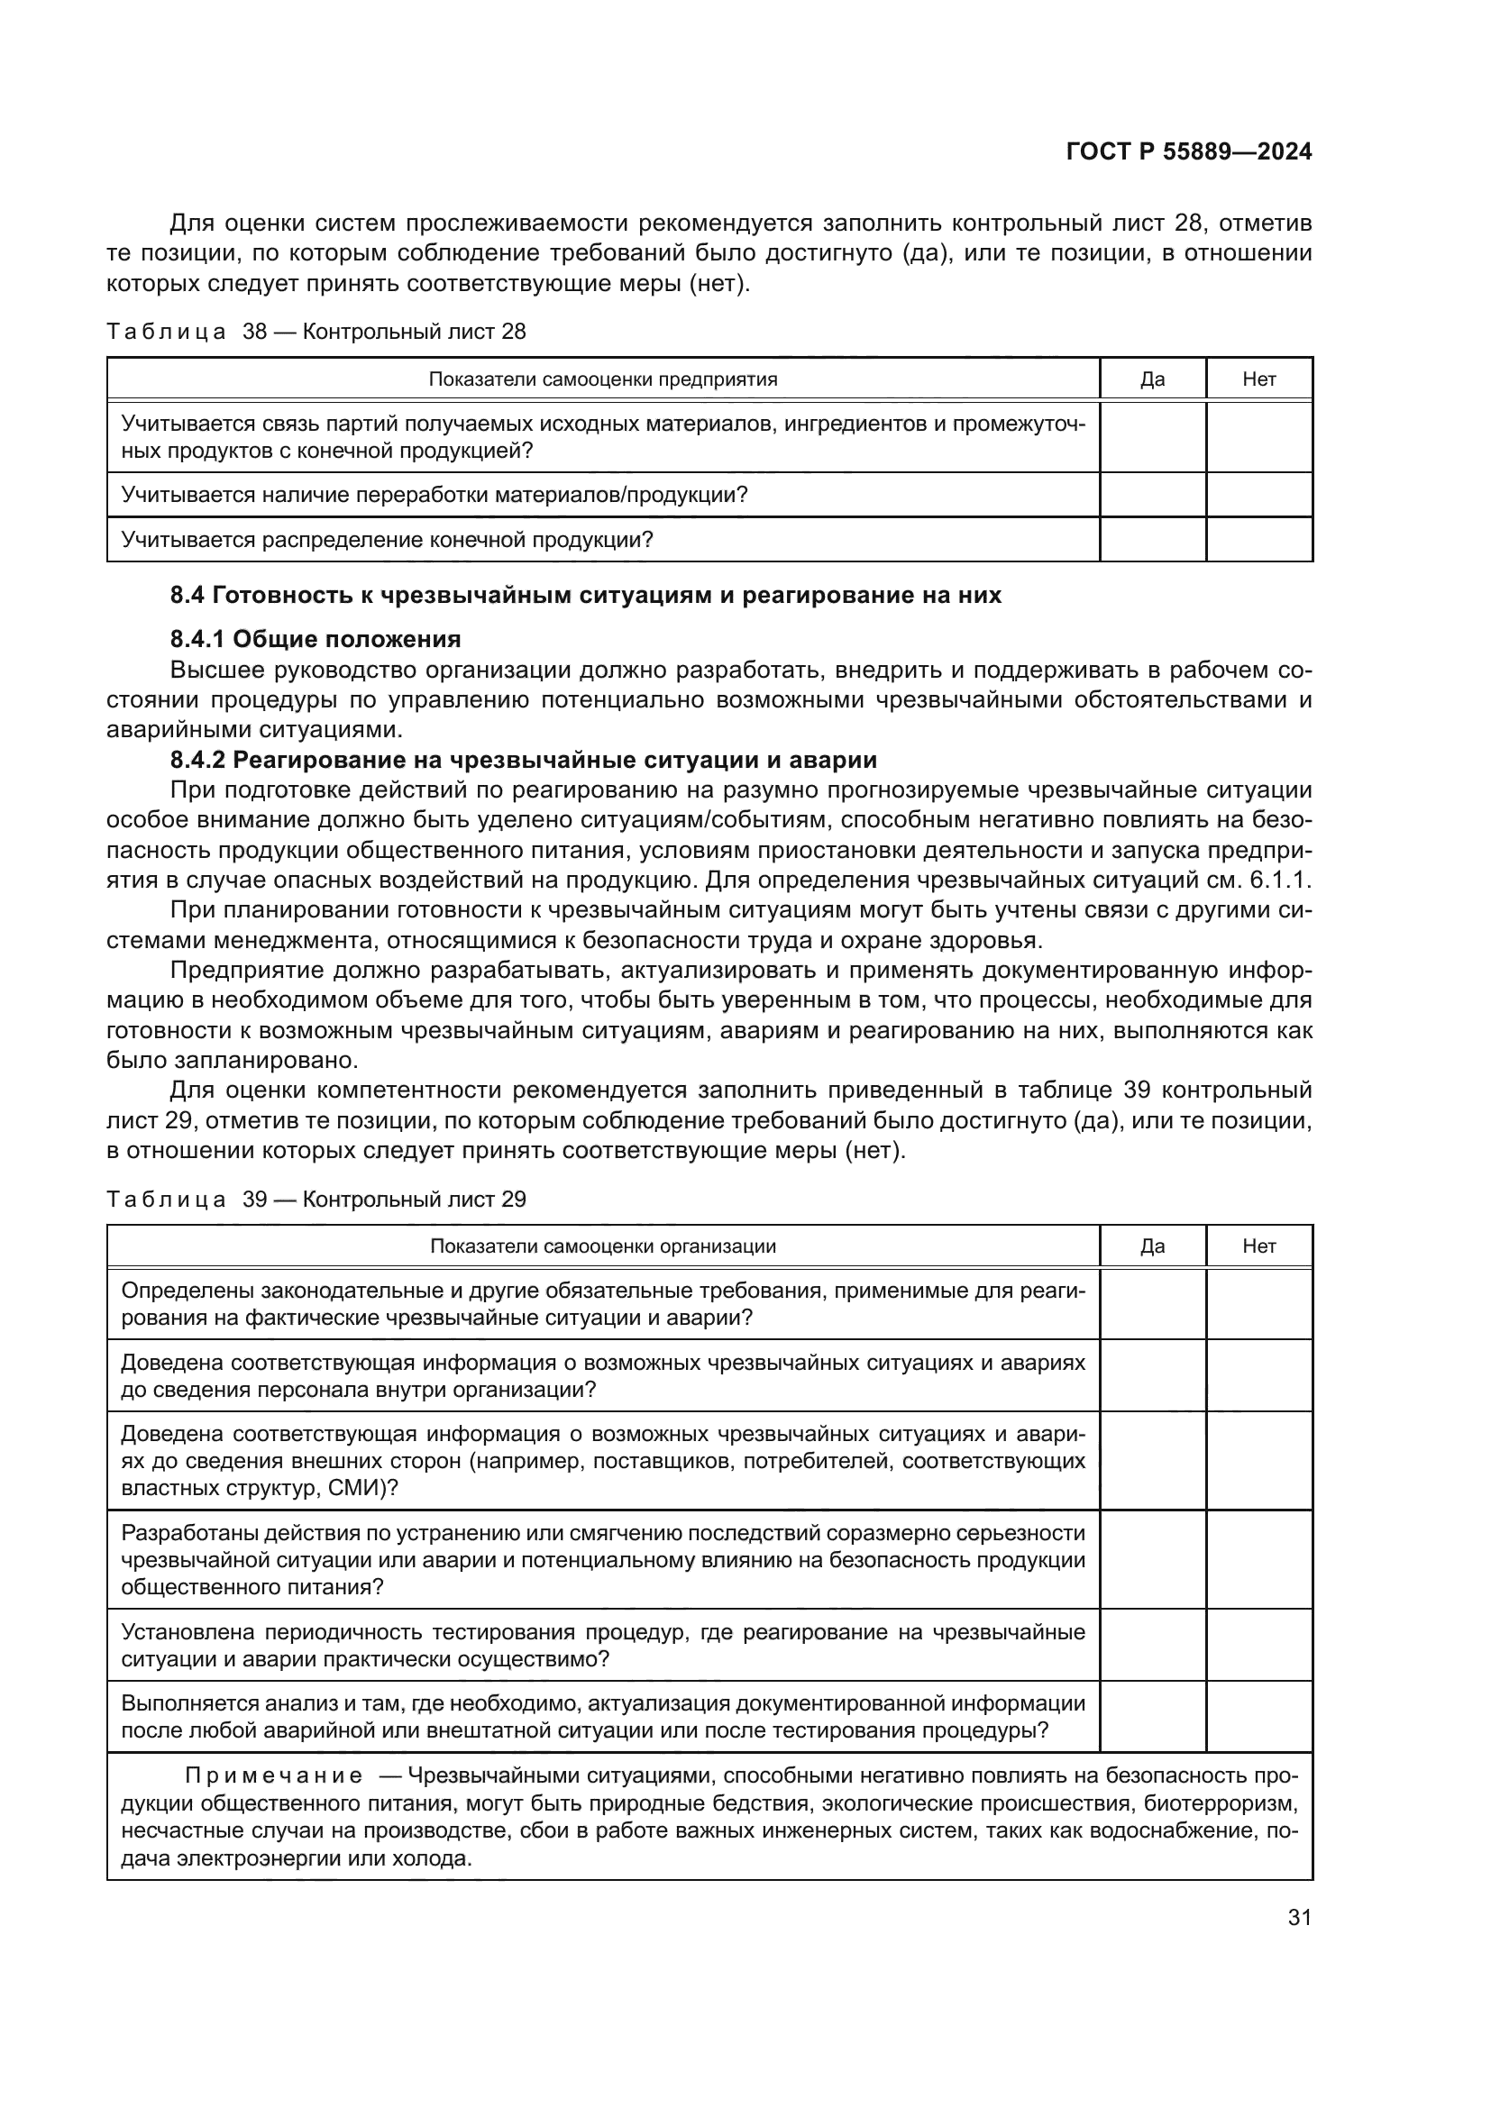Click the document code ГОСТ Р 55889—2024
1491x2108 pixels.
pyautogui.click(x=1188, y=151)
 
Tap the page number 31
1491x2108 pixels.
pyautogui.click(x=1299, y=1917)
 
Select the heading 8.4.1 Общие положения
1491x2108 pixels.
pyautogui.click(x=315, y=638)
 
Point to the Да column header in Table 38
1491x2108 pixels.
pyautogui.click(x=1152, y=379)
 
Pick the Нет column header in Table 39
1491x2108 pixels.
pyautogui.click(x=1258, y=1246)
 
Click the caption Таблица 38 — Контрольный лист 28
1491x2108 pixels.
pyautogui.click(x=316, y=332)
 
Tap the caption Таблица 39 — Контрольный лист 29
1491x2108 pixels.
pyautogui.click(x=316, y=1199)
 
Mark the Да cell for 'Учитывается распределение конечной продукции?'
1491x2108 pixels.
pyautogui.click(x=1152, y=539)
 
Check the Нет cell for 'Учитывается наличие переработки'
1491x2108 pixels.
pyautogui.click(x=1258, y=495)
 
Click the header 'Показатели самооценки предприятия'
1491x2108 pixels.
pyautogui.click(x=603, y=379)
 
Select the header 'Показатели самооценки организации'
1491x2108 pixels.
pyautogui.click(x=603, y=1246)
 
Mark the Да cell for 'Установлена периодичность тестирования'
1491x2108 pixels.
pyautogui.click(x=1152, y=1645)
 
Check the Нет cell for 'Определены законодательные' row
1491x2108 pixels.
pyautogui.click(x=1258, y=1304)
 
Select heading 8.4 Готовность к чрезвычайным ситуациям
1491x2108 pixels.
pyautogui.click(x=586, y=595)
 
